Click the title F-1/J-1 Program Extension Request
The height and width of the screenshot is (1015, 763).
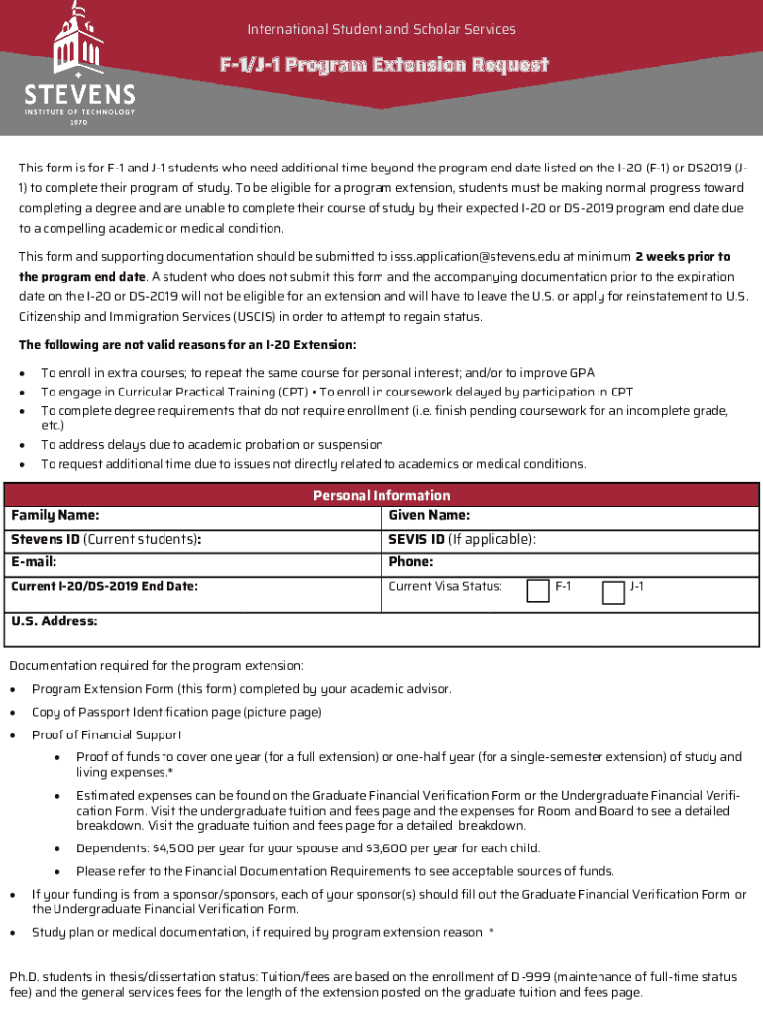tap(383, 66)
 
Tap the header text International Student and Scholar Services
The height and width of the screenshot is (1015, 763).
tap(381, 29)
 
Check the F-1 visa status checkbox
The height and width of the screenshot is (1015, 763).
tap(538, 591)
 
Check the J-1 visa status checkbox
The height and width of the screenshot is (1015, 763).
tap(614, 591)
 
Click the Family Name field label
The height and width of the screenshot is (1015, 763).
tap(54, 515)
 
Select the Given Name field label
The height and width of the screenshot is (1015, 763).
tap(429, 515)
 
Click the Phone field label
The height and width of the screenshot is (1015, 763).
tap(411, 562)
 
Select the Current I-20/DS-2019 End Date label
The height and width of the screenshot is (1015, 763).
tap(104, 586)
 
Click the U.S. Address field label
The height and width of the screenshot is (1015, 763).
tap(54, 621)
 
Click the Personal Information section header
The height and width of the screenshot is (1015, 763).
tap(381, 495)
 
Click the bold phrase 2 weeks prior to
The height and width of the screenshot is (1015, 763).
tap(683, 257)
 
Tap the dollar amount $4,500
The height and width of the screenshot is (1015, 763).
tap(177, 848)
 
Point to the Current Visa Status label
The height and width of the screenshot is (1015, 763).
tap(445, 586)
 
